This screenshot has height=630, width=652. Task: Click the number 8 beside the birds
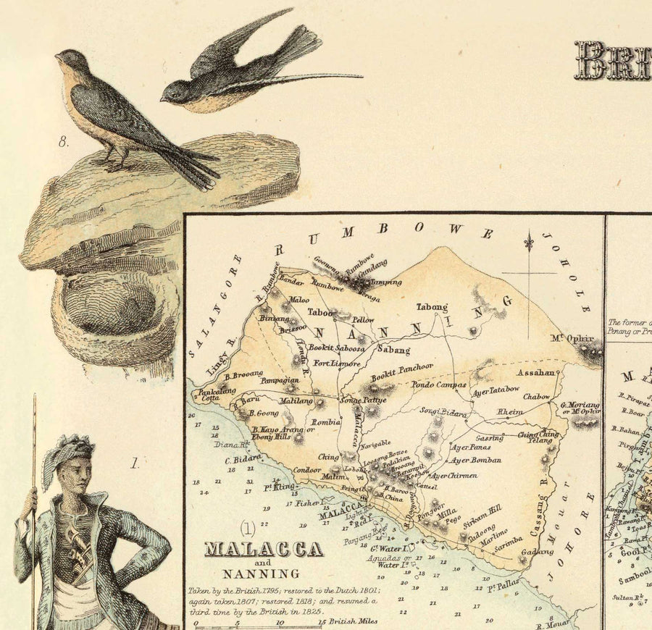click(64, 142)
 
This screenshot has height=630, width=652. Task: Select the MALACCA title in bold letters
click(264, 550)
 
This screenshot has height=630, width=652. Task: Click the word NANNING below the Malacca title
click(264, 574)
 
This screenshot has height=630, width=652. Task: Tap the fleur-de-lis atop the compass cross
click(529, 242)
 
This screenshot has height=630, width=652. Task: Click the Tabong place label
click(432, 307)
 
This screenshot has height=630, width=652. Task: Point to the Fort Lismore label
click(336, 364)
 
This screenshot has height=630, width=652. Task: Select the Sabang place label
click(394, 350)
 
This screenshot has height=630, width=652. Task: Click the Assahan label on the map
click(536, 373)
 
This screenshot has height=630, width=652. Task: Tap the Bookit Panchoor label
click(402, 371)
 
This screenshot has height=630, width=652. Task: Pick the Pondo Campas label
click(440, 385)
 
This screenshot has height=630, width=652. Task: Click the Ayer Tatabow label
click(496, 390)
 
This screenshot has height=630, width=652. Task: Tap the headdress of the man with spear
click(69, 453)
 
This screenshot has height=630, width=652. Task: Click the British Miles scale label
click(353, 621)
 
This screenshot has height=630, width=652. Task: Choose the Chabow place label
click(536, 397)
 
